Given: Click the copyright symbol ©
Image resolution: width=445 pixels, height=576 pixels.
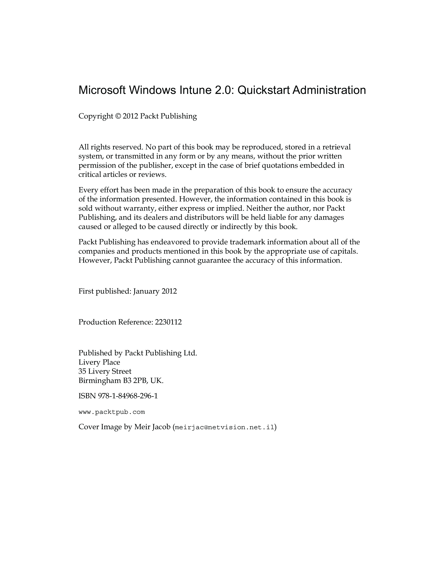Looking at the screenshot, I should pyautogui.click(x=118, y=116).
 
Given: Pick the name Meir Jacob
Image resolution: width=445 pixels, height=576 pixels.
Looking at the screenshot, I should pyautogui.click(x=152, y=427).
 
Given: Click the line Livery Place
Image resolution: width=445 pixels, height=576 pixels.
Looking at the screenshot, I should pyautogui.click(x=99, y=362).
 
